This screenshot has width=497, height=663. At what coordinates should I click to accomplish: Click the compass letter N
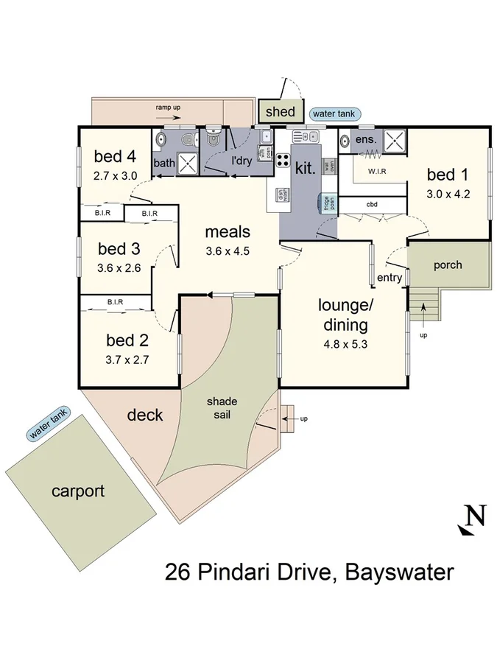(x=476, y=515)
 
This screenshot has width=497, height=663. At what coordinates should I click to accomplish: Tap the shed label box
(x=280, y=112)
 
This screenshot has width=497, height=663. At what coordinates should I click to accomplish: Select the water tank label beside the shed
(x=335, y=113)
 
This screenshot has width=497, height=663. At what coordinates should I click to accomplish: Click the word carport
(x=78, y=491)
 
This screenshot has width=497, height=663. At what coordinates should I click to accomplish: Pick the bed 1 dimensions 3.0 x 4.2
(x=448, y=195)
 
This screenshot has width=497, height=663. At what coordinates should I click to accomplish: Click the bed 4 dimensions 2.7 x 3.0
(x=116, y=176)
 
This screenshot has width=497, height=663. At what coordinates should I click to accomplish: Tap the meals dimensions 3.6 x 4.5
(x=228, y=250)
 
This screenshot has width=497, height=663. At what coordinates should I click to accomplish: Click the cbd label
(x=372, y=204)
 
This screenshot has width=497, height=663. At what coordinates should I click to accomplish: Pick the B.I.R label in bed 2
(x=114, y=301)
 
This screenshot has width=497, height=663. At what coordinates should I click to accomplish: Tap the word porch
(x=448, y=265)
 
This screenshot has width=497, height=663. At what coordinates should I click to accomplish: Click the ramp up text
(x=168, y=108)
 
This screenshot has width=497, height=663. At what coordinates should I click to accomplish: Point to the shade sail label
(x=221, y=407)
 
